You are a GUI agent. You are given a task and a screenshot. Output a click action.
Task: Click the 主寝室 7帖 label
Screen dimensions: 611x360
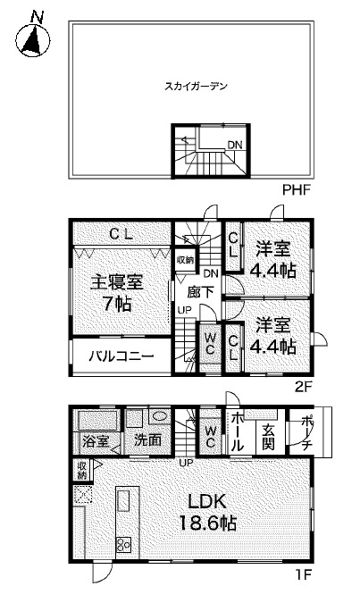[116, 292]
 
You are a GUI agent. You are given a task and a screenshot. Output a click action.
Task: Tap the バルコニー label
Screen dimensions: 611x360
[121, 356]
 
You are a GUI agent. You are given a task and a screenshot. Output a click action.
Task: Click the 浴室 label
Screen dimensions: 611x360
[95, 440]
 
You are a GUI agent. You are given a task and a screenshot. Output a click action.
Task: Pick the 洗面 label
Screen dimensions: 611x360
[147, 440]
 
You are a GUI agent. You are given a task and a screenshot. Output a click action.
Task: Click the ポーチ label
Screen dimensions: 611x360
[306, 432]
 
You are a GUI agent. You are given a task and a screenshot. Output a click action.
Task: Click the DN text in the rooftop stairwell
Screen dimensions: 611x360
[233, 145]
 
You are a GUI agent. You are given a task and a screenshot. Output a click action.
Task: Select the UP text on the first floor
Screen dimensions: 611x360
[186, 462]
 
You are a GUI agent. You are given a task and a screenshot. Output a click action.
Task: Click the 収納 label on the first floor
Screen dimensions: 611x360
[82, 470]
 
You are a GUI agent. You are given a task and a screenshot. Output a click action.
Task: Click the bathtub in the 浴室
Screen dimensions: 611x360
[96, 421]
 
